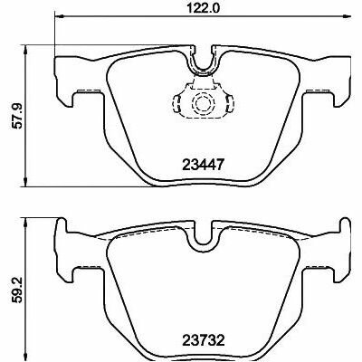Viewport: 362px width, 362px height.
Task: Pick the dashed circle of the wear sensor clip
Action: pos(202,107)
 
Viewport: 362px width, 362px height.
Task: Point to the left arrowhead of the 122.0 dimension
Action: pos(61,19)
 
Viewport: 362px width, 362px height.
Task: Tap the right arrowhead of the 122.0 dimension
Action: pos(347,19)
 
